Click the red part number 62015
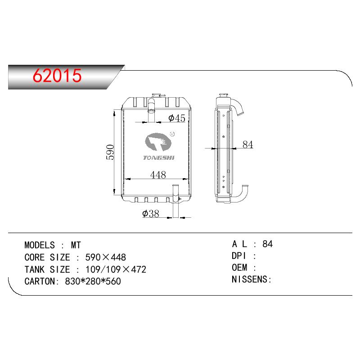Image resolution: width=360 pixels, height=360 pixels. coord(57,76)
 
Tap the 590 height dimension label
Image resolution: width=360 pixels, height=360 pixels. coord(110,152)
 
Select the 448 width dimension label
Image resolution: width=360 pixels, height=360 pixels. coord(158,175)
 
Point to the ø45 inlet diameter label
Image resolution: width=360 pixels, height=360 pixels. coord(176,118)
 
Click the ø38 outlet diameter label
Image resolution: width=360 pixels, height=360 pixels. coord(151,213)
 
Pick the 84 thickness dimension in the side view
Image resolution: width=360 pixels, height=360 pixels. coord(248,144)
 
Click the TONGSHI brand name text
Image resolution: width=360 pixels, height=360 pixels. coord(159,157)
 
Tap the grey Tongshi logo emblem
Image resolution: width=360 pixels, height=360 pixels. coord(158,142)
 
